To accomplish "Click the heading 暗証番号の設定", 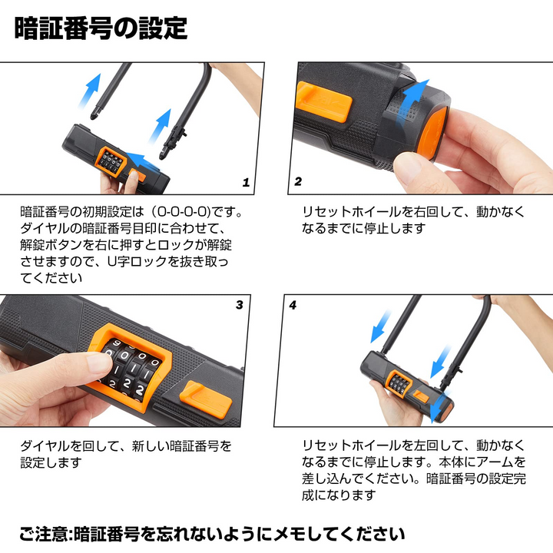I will [x=101, y=28].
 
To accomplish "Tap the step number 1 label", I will [x=246, y=183].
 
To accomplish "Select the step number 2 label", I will [x=298, y=182].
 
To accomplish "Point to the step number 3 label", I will [x=240, y=305].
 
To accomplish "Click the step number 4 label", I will [x=293, y=305].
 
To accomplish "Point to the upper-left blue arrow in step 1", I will [x=93, y=83].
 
